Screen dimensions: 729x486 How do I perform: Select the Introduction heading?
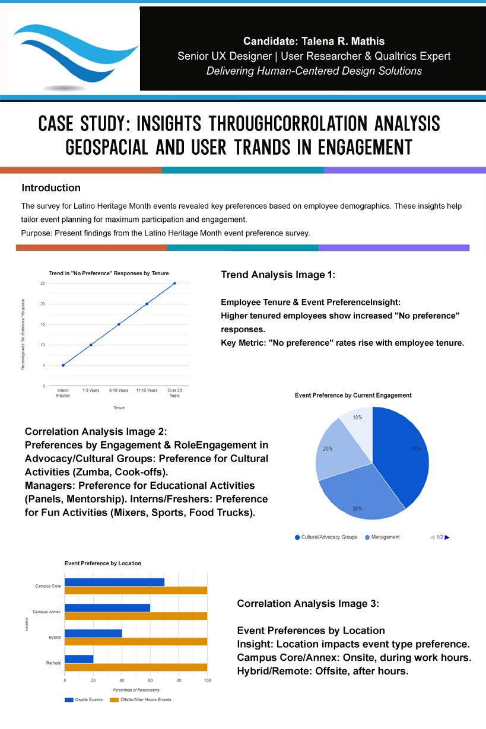click(x=51, y=188)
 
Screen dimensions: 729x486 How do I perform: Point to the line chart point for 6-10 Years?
click(x=119, y=324)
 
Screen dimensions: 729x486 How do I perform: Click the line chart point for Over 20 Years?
click(x=174, y=284)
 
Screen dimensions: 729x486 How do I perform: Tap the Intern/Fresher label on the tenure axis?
click(x=63, y=393)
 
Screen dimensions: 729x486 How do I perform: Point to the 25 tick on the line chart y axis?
click(x=43, y=284)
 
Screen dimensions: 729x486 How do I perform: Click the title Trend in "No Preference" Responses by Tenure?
click(x=109, y=273)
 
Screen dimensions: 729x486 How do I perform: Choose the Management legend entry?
click(x=385, y=537)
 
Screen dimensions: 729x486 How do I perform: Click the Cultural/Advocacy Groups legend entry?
click(x=329, y=537)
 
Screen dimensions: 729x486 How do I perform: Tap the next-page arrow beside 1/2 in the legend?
click(x=447, y=537)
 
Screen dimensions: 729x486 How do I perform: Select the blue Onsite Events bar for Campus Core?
click(x=115, y=582)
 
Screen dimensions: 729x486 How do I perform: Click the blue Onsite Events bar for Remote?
click(x=79, y=659)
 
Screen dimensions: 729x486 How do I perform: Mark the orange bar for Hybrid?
click(x=136, y=641)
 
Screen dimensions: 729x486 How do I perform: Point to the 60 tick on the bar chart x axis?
click(x=150, y=680)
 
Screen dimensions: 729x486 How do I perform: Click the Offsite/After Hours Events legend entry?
click(x=145, y=700)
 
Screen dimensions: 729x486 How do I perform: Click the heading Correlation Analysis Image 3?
click(x=307, y=604)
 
